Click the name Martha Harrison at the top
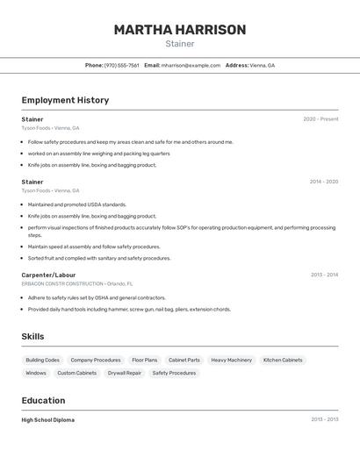179,30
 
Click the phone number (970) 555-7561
122,65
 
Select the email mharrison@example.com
191,65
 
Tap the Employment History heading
65,100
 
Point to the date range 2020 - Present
320,119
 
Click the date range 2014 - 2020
323,182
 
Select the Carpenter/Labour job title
48,275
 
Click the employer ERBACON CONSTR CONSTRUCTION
62,283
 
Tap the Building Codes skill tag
42,360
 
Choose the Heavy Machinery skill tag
231,360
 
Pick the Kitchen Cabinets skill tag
283,360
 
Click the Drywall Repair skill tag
124,373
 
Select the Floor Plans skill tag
144,360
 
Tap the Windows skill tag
36,373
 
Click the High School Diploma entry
48,420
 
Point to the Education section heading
43,400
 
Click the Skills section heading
32,336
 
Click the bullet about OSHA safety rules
97,297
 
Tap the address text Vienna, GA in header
262,65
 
